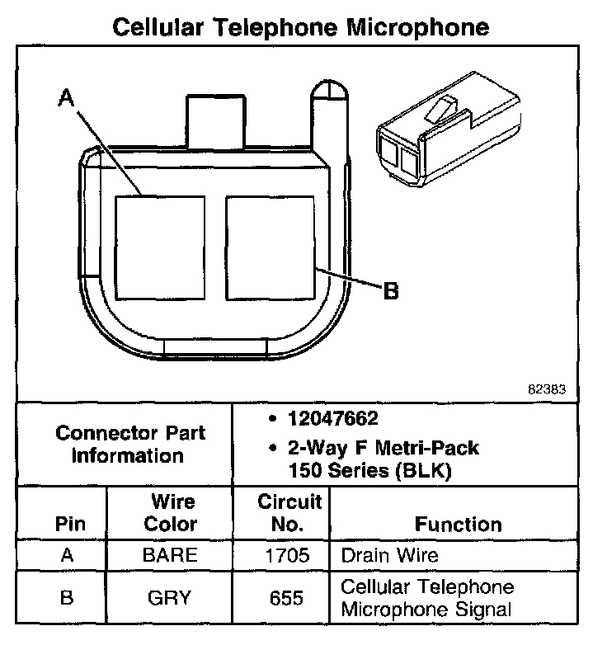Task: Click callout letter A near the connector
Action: (67, 99)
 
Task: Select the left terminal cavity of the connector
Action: (159, 247)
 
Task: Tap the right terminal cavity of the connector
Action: (270, 247)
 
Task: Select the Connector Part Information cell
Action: (130, 445)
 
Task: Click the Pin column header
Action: (69, 525)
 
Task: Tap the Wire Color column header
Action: (171, 513)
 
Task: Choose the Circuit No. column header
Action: (283, 513)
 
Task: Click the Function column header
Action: (458, 525)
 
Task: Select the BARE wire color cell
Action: (171, 555)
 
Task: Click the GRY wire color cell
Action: (171, 598)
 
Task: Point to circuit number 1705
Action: (283, 555)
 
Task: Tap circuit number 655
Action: (283, 598)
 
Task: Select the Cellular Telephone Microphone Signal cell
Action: (427, 598)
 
